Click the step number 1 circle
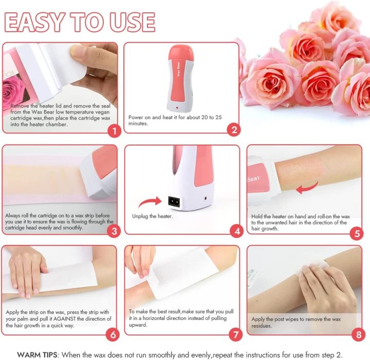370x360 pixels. (x=114, y=131)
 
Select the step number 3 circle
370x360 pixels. (x=114, y=231)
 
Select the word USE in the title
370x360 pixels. (x=131, y=22)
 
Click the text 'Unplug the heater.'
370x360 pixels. (x=153, y=216)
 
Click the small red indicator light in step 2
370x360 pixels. (x=177, y=108)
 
